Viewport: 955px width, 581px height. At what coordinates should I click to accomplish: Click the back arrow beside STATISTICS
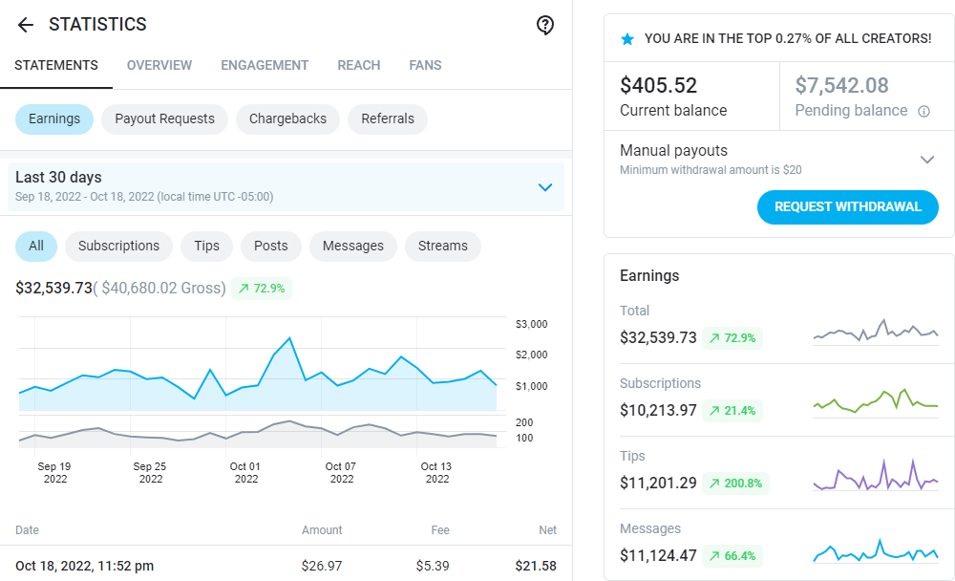(26, 25)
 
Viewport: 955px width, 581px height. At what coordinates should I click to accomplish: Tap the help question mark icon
(545, 25)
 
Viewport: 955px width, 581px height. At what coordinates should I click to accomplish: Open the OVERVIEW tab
(159, 66)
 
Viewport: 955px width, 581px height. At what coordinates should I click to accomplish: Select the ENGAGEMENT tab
(265, 66)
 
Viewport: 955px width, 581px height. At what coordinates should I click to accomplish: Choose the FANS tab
(425, 66)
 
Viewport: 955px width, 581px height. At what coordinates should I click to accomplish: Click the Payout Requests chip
(164, 119)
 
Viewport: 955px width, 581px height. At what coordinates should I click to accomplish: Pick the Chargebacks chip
(287, 119)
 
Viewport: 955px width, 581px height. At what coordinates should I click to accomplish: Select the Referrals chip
(388, 119)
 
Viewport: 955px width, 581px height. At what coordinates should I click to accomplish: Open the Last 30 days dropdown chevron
(545, 187)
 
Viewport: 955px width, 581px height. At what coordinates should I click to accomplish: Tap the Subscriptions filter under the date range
(118, 246)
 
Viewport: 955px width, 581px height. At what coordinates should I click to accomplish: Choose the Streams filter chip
(443, 246)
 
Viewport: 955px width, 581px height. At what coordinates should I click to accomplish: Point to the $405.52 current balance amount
(659, 85)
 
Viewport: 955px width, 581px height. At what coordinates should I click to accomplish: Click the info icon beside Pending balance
(923, 111)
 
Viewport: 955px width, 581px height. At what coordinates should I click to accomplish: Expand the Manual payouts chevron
(926, 160)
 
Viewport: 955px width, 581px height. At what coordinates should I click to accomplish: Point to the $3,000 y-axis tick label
(531, 325)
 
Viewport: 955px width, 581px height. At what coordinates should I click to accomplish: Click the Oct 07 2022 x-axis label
(341, 473)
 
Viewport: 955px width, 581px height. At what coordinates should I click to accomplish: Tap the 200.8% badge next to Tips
(735, 484)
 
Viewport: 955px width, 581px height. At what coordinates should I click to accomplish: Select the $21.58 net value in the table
(536, 567)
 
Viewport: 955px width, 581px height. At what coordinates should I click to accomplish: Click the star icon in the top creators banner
(627, 39)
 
